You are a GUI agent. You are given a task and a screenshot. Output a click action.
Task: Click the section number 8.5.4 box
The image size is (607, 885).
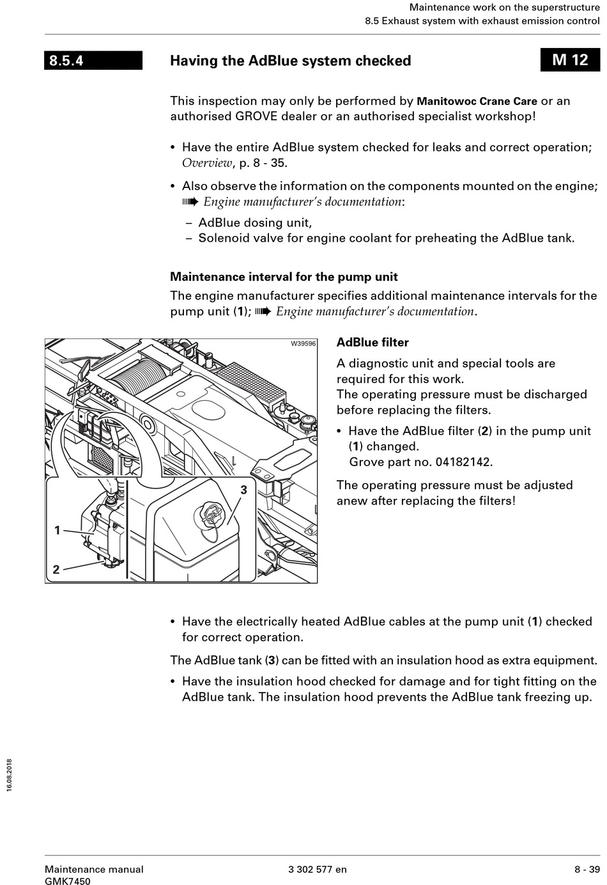pos(93,61)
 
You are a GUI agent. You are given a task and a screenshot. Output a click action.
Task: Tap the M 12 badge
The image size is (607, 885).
pos(570,60)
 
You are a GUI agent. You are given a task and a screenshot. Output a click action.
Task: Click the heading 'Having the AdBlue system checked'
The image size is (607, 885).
pos(290,61)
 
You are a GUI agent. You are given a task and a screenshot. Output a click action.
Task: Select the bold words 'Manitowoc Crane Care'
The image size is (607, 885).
pos(477,102)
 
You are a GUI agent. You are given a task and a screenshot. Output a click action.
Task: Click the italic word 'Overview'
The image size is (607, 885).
pos(207,162)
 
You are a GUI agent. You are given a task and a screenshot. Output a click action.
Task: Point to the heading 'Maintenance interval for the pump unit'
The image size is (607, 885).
pos(284,277)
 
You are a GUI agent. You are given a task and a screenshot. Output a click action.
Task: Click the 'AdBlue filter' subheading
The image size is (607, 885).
pos(373,342)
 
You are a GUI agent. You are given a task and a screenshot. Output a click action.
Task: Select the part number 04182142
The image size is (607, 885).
pos(465,462)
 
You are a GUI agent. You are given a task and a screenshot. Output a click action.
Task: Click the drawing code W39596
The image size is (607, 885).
pos(303,344)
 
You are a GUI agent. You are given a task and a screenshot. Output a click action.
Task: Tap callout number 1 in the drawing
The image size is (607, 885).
pos(58,530)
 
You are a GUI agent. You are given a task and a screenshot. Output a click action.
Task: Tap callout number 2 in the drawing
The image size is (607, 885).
pos(56,568)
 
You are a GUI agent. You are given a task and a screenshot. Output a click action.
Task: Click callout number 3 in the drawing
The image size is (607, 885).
pos(243,490)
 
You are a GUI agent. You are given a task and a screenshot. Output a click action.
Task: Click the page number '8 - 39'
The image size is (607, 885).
pos(587,869)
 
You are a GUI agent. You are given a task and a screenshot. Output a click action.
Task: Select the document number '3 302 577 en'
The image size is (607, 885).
pos(318,869)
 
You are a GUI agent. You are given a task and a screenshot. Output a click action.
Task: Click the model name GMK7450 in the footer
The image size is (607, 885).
pos(67,881)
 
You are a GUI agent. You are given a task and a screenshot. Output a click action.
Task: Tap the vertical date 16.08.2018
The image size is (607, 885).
pos(9,776)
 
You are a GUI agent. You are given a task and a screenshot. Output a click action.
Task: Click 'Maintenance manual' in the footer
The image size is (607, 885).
pos(94,869)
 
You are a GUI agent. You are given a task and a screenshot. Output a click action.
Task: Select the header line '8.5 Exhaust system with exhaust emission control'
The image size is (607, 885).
pos(482,20)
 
